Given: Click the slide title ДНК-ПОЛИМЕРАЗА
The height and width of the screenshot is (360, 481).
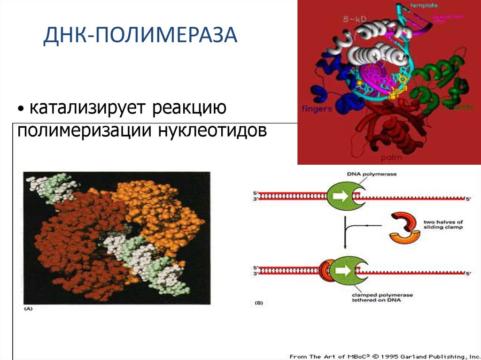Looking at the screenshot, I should [140, 37].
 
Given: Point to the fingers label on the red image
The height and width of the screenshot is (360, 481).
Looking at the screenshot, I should [317, 108].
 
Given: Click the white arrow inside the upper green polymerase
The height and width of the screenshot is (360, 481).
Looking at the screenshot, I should [342, 196].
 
